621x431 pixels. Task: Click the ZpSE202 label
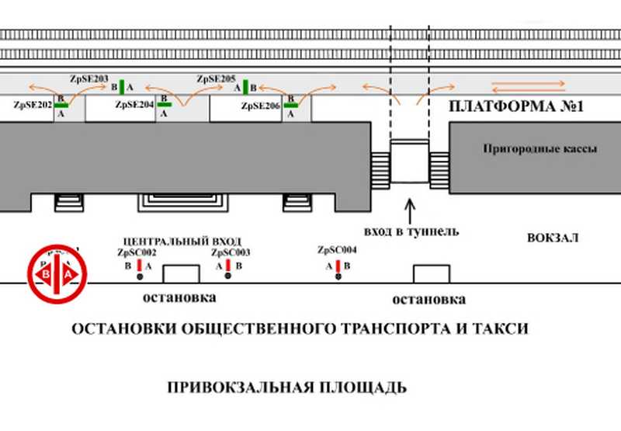(x=33, y=104)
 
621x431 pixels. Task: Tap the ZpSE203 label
(x=88, y=78)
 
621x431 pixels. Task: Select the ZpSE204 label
(x=134, y=104)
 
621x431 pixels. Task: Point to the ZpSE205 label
(x=216, y=78)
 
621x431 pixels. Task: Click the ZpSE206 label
(x=260, y=106)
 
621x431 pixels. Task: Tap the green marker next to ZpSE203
(x=121, y=86)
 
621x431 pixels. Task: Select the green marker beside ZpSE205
(x=245, y=86)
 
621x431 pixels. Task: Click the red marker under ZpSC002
(x=139, y=266)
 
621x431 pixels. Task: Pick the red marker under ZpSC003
(x=228, y=266)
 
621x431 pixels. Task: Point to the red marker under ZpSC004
(x=338, y=266)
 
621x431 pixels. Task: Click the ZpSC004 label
(x=338, y=250)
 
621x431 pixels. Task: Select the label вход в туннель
(x=411, y=231)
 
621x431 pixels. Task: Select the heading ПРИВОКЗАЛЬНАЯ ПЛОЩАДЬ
(x=287, y=387)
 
